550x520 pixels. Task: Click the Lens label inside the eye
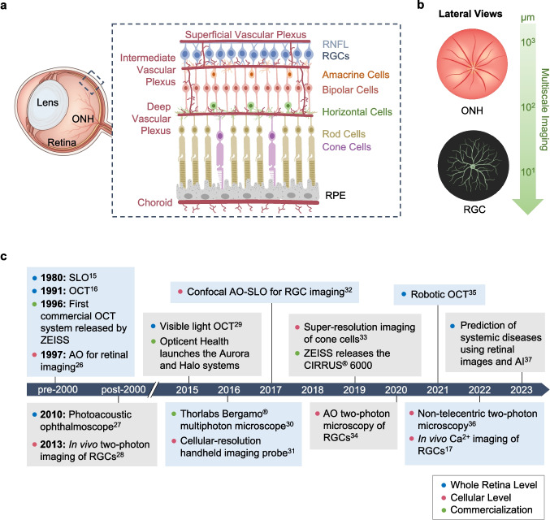pyautogui.click(x=47, y=102)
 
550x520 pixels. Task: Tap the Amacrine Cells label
pyautogui.click(x=356, y=75)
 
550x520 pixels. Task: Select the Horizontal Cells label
pyautogui.click(x=357, y=112)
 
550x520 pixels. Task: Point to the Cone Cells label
pyautogui.click(x=347, y=147)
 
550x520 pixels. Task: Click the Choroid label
pyautogui.click(x=155, y=202)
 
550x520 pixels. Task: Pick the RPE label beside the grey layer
pyautogui.click(x=336, y=196)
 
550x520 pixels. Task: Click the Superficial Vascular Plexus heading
pyautogui.click(x=245, y=35)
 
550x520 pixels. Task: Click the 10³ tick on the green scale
pyautogui.click(x=527, y=42)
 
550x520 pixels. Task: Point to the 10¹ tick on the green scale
pyautogui.click(x=527, y=172)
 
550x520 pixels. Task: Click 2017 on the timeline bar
pyautogui.click(x=271, y=390)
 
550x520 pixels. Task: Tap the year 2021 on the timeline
pyautogui.click(x=438, y=390)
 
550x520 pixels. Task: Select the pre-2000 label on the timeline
pyautogui.click(x=58, y=390)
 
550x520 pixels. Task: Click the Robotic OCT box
pyautogui.click(x=440, y=294)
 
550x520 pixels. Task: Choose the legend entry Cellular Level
pyautogui.click(x=481, y=497)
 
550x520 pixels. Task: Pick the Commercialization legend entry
pyautogui.click(x=491, y=509)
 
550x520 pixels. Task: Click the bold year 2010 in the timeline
pyautogui.click(x=53, y=414)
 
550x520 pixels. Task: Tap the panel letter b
pyautogui.click(x=421, y=5)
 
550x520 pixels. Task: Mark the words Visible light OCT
pyautogui.click(x=197, y=327)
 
